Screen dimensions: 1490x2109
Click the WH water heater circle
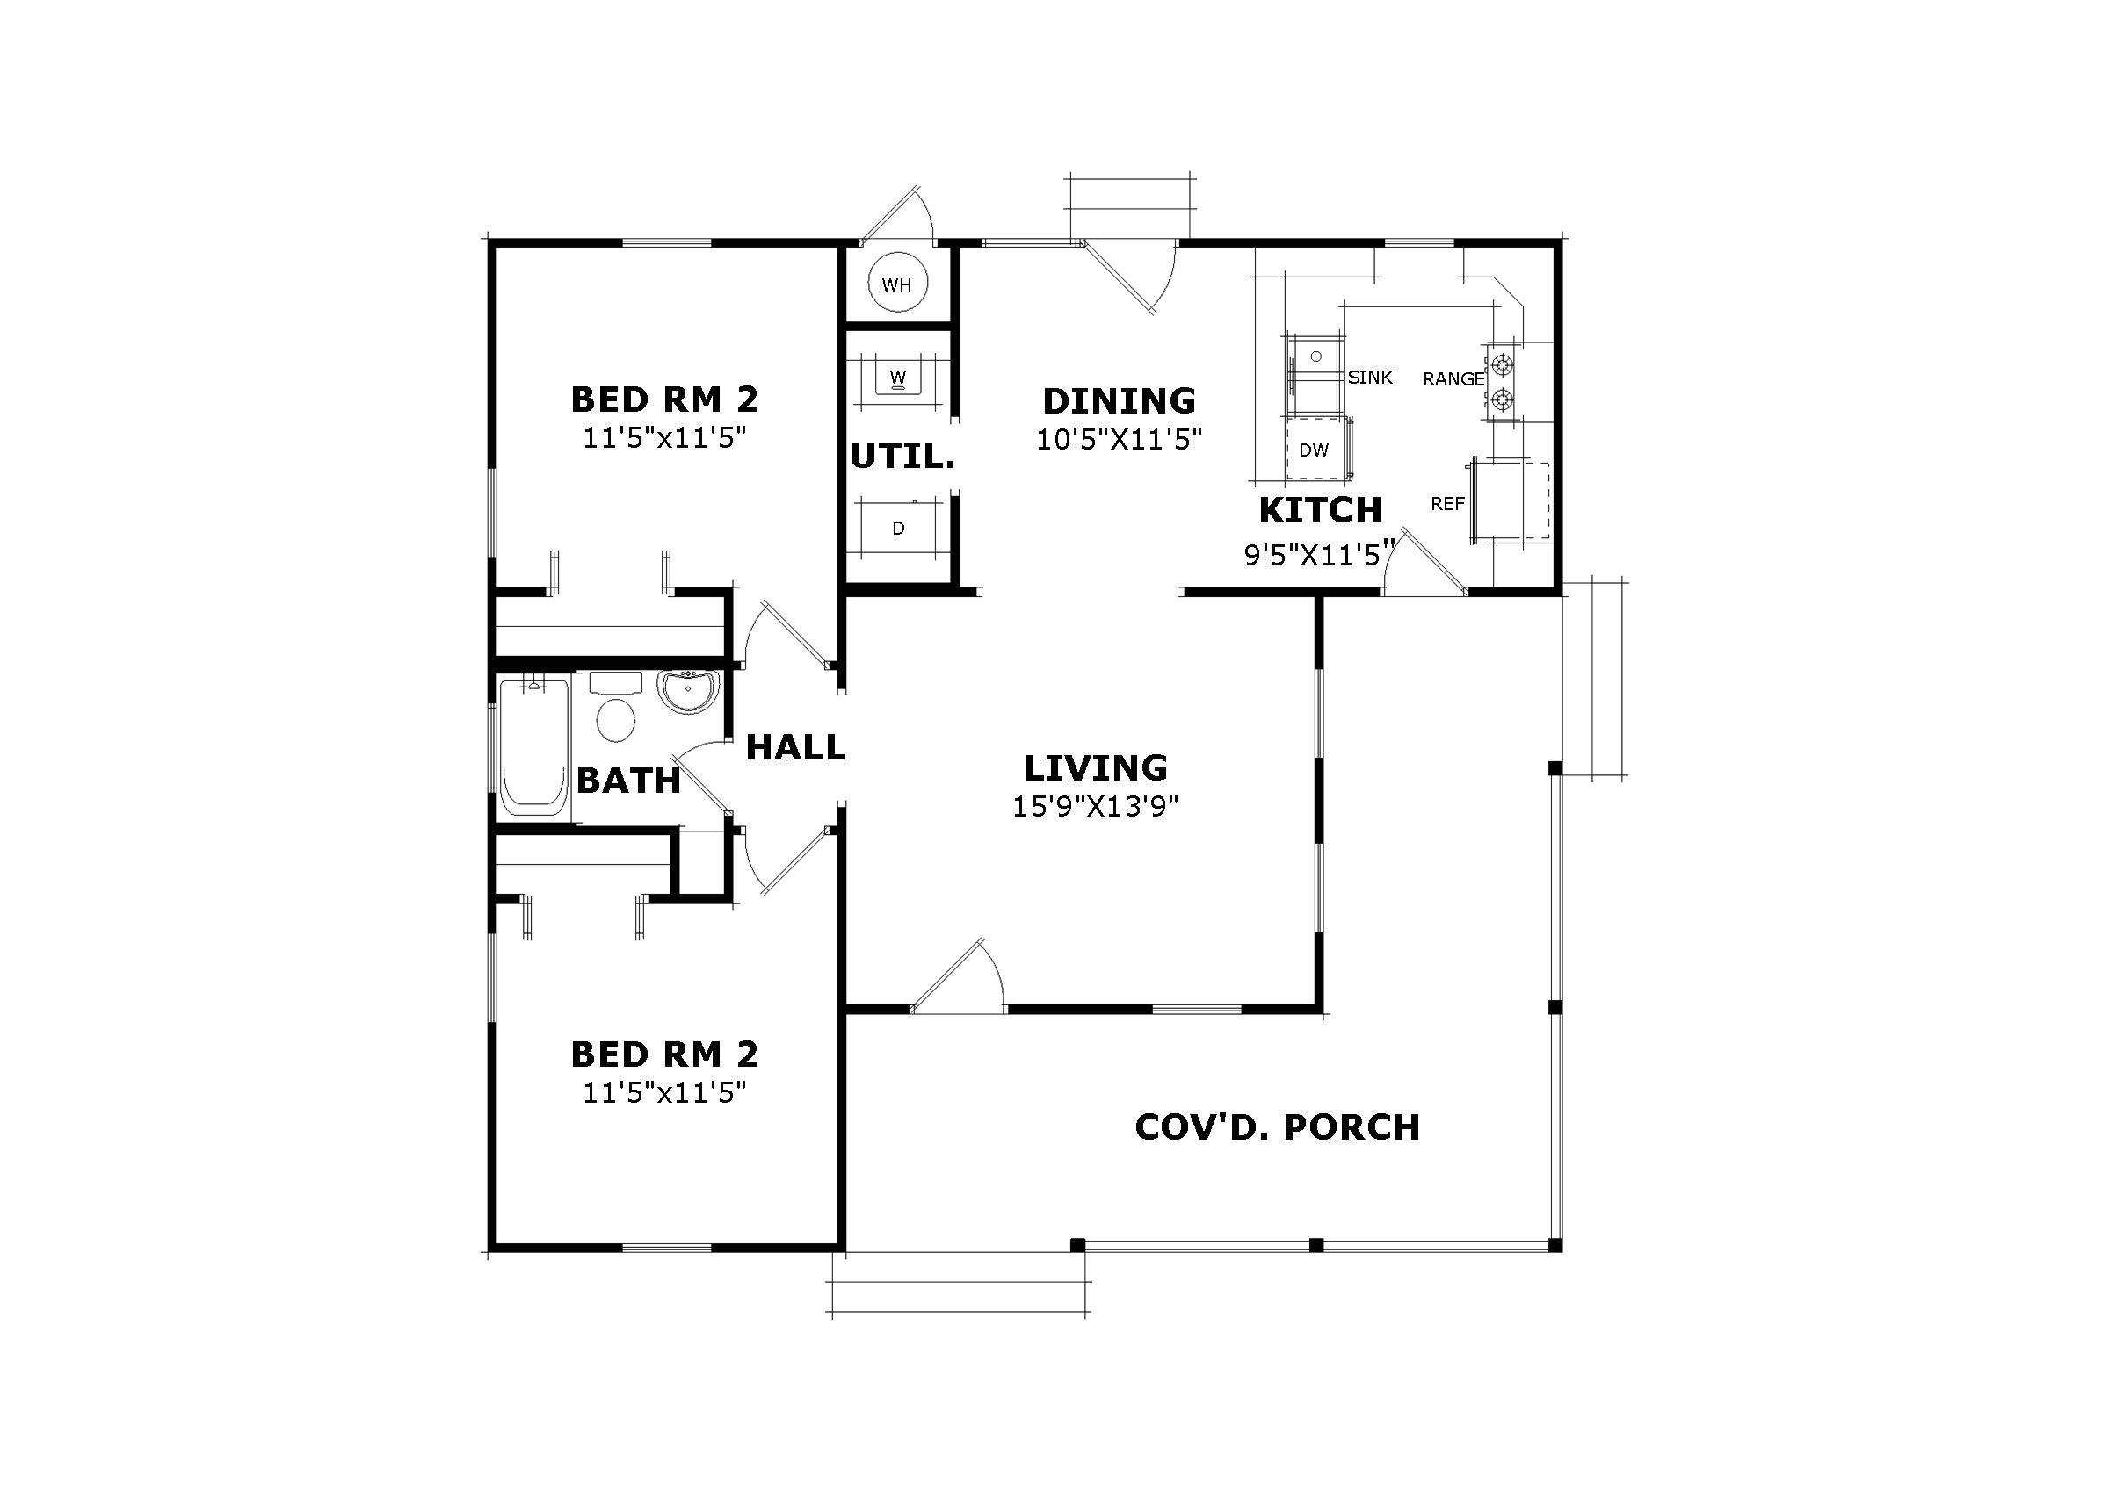click(896, 284)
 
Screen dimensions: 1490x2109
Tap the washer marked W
click(898, 377)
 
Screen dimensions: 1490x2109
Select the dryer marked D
click(898, 528)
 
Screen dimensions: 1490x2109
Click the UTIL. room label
click(902, 457)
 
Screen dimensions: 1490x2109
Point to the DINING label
click(1119, 401)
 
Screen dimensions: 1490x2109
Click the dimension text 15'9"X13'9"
click(1095, 806)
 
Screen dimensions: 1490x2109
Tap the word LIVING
click(1096, 767)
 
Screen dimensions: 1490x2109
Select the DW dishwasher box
click(1315, 450)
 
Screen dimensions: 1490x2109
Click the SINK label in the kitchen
click(1371, 378)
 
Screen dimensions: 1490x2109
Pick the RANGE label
click(1453, 379)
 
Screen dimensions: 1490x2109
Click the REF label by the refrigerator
click(1447, 504)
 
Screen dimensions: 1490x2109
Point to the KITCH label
click(1320, 509)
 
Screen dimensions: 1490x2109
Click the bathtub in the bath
click(533, 747)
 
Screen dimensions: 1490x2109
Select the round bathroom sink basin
click(688, 690)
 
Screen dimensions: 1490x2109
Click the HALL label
click(795, 747)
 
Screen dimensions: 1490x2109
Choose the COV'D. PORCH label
click(1277, 1127)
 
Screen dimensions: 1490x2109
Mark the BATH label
click(629, 781)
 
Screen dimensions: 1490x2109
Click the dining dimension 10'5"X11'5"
click(1119, 440)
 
